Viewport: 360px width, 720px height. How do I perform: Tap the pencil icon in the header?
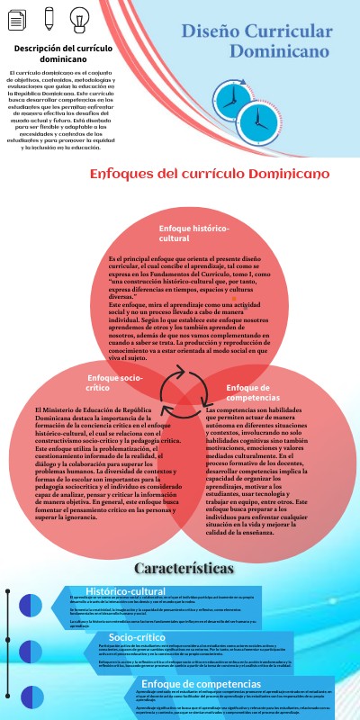click(49, 17)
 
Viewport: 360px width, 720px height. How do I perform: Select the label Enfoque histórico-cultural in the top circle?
click(193, 235)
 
